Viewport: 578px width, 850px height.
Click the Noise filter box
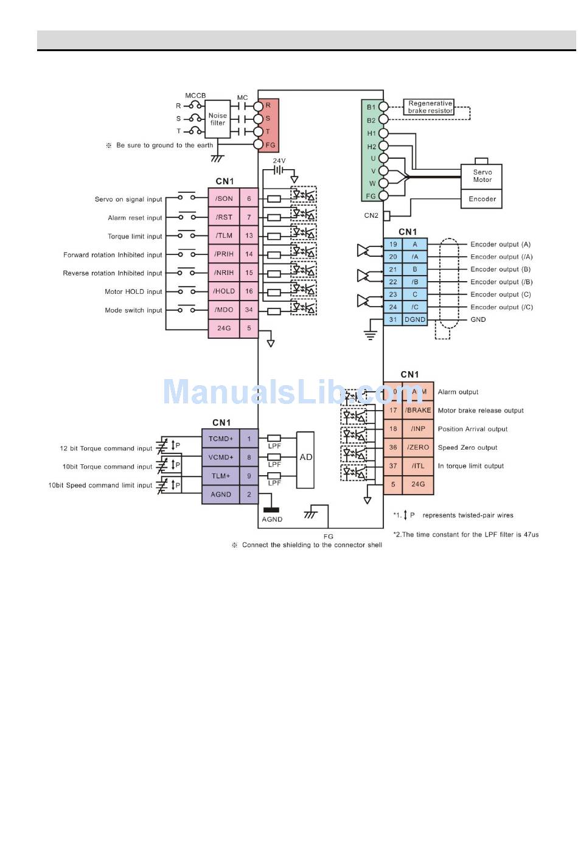pyautogui.click(x=217, y=119)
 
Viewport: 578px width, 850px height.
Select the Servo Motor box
pyautogui.click(x=482, y=176)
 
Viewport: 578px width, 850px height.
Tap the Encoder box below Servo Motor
pyautogui.click(x=482, y=199)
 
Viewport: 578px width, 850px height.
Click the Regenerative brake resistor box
pyautogui.click(x=430, y=108)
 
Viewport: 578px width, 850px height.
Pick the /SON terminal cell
pyautogui.click(x=224, y=198)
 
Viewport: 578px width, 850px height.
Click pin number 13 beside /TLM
pyautogui.click(x=249, y=235)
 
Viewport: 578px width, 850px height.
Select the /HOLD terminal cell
pyautogui.click(x=224, y=291)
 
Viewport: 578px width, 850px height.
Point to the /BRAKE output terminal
pyautogui.click(x=418, y=411)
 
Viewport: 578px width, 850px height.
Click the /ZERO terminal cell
pyautogui.click(x=418, y=448)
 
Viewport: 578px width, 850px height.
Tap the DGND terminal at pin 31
pyautogui.click(x=415, y=319)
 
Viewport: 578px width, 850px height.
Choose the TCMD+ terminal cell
pyautogui.click(x=220, y=439)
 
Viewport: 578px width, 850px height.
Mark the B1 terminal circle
pyautogui.click(x=384, y=107)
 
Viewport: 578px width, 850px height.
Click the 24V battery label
pyautogui.click(x=279, y=161)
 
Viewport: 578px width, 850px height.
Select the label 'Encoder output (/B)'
pyautogui.click(x=501, y=282)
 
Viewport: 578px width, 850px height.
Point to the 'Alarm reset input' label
pyautogui.click(x=134, y=218)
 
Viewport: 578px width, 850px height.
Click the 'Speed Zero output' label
pyautogui.click(x=467, y=448)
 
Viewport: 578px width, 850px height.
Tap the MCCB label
pyautogui.click(x=195, y=96)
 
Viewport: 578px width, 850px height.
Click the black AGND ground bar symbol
pyautogui.click(x=271, y=510)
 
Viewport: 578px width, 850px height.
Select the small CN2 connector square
pyautogui.click(x=386, y=216)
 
